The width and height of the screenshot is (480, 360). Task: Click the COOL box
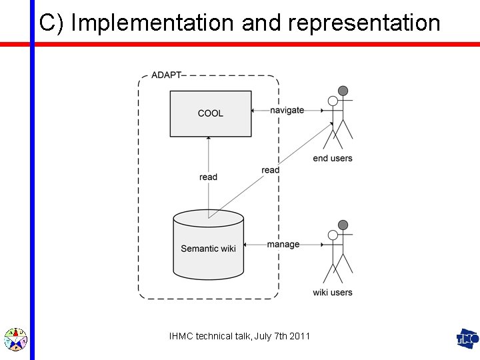pos(210,113)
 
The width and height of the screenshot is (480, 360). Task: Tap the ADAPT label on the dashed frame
pos(166,75)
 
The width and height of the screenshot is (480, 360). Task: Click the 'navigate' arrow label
pos(287,110)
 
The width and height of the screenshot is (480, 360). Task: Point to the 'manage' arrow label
pos(283,245)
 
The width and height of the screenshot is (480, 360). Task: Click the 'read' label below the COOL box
pos(209,177)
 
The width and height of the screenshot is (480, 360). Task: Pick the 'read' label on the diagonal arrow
pos(271,170)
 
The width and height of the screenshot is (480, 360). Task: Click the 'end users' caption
pos(333,159)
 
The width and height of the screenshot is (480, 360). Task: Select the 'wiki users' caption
pos(333,293)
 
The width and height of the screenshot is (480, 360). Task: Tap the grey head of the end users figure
pos(343,91)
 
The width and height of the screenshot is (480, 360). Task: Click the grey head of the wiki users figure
pos(343,225)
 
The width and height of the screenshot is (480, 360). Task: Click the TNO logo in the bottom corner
pos(467,339)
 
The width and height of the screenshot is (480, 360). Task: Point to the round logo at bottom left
pos(15,339)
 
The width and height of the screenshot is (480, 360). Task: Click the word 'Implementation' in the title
pos(153,23)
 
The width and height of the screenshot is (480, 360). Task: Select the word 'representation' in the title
pos(365,23)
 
